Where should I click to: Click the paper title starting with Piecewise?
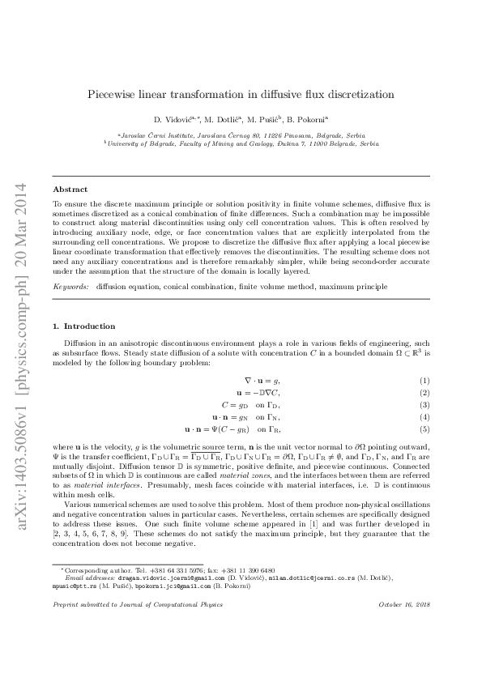(x=241, y=94)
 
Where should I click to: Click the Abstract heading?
(x=70, y=190)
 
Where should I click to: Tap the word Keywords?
(x=70, y=287)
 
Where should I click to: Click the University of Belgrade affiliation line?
(x=241, y=143)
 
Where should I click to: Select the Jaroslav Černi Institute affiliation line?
(x=241, y=134)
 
